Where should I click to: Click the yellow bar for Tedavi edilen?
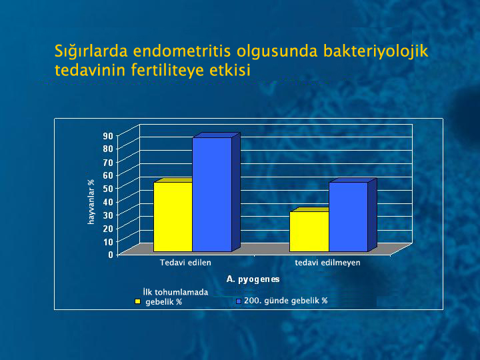pyautogui.click(x=173, y=217)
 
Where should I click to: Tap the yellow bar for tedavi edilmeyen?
pyautogui.click(x=309, y=231)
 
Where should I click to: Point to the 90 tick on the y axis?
pyautogui.click(x=109, y=135)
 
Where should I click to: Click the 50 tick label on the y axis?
pyautogui.click(x=109, y=188)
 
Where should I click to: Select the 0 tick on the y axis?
pyautogui.click(x=111, y=255)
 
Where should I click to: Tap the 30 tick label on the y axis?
pyautogui.click(x=109, y=215)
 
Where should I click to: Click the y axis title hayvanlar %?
pyautogui.click(x=91, y=202)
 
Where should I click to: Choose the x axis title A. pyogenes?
pyautogui.click(x=253, y=279)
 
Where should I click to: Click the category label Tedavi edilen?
pyautogui.click(x=185, y=263)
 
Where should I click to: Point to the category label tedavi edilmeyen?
pyautogui.click(x=327, y=263)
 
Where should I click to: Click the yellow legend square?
pyautogui.click(x=138, y=301)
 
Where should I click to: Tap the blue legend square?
pyautogui.click(x=239, y=301)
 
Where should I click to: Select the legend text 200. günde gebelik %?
pyautogui.click(x=285, y=301)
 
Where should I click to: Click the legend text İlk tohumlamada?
pyautogui.click(x=175, y=292)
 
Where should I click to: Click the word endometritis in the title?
pyautogui.click(x=182, y=51)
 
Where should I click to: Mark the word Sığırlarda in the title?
pyautogui.click(x=91, y=51)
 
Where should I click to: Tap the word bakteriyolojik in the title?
pyautogui.click(x=375, y=51)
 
